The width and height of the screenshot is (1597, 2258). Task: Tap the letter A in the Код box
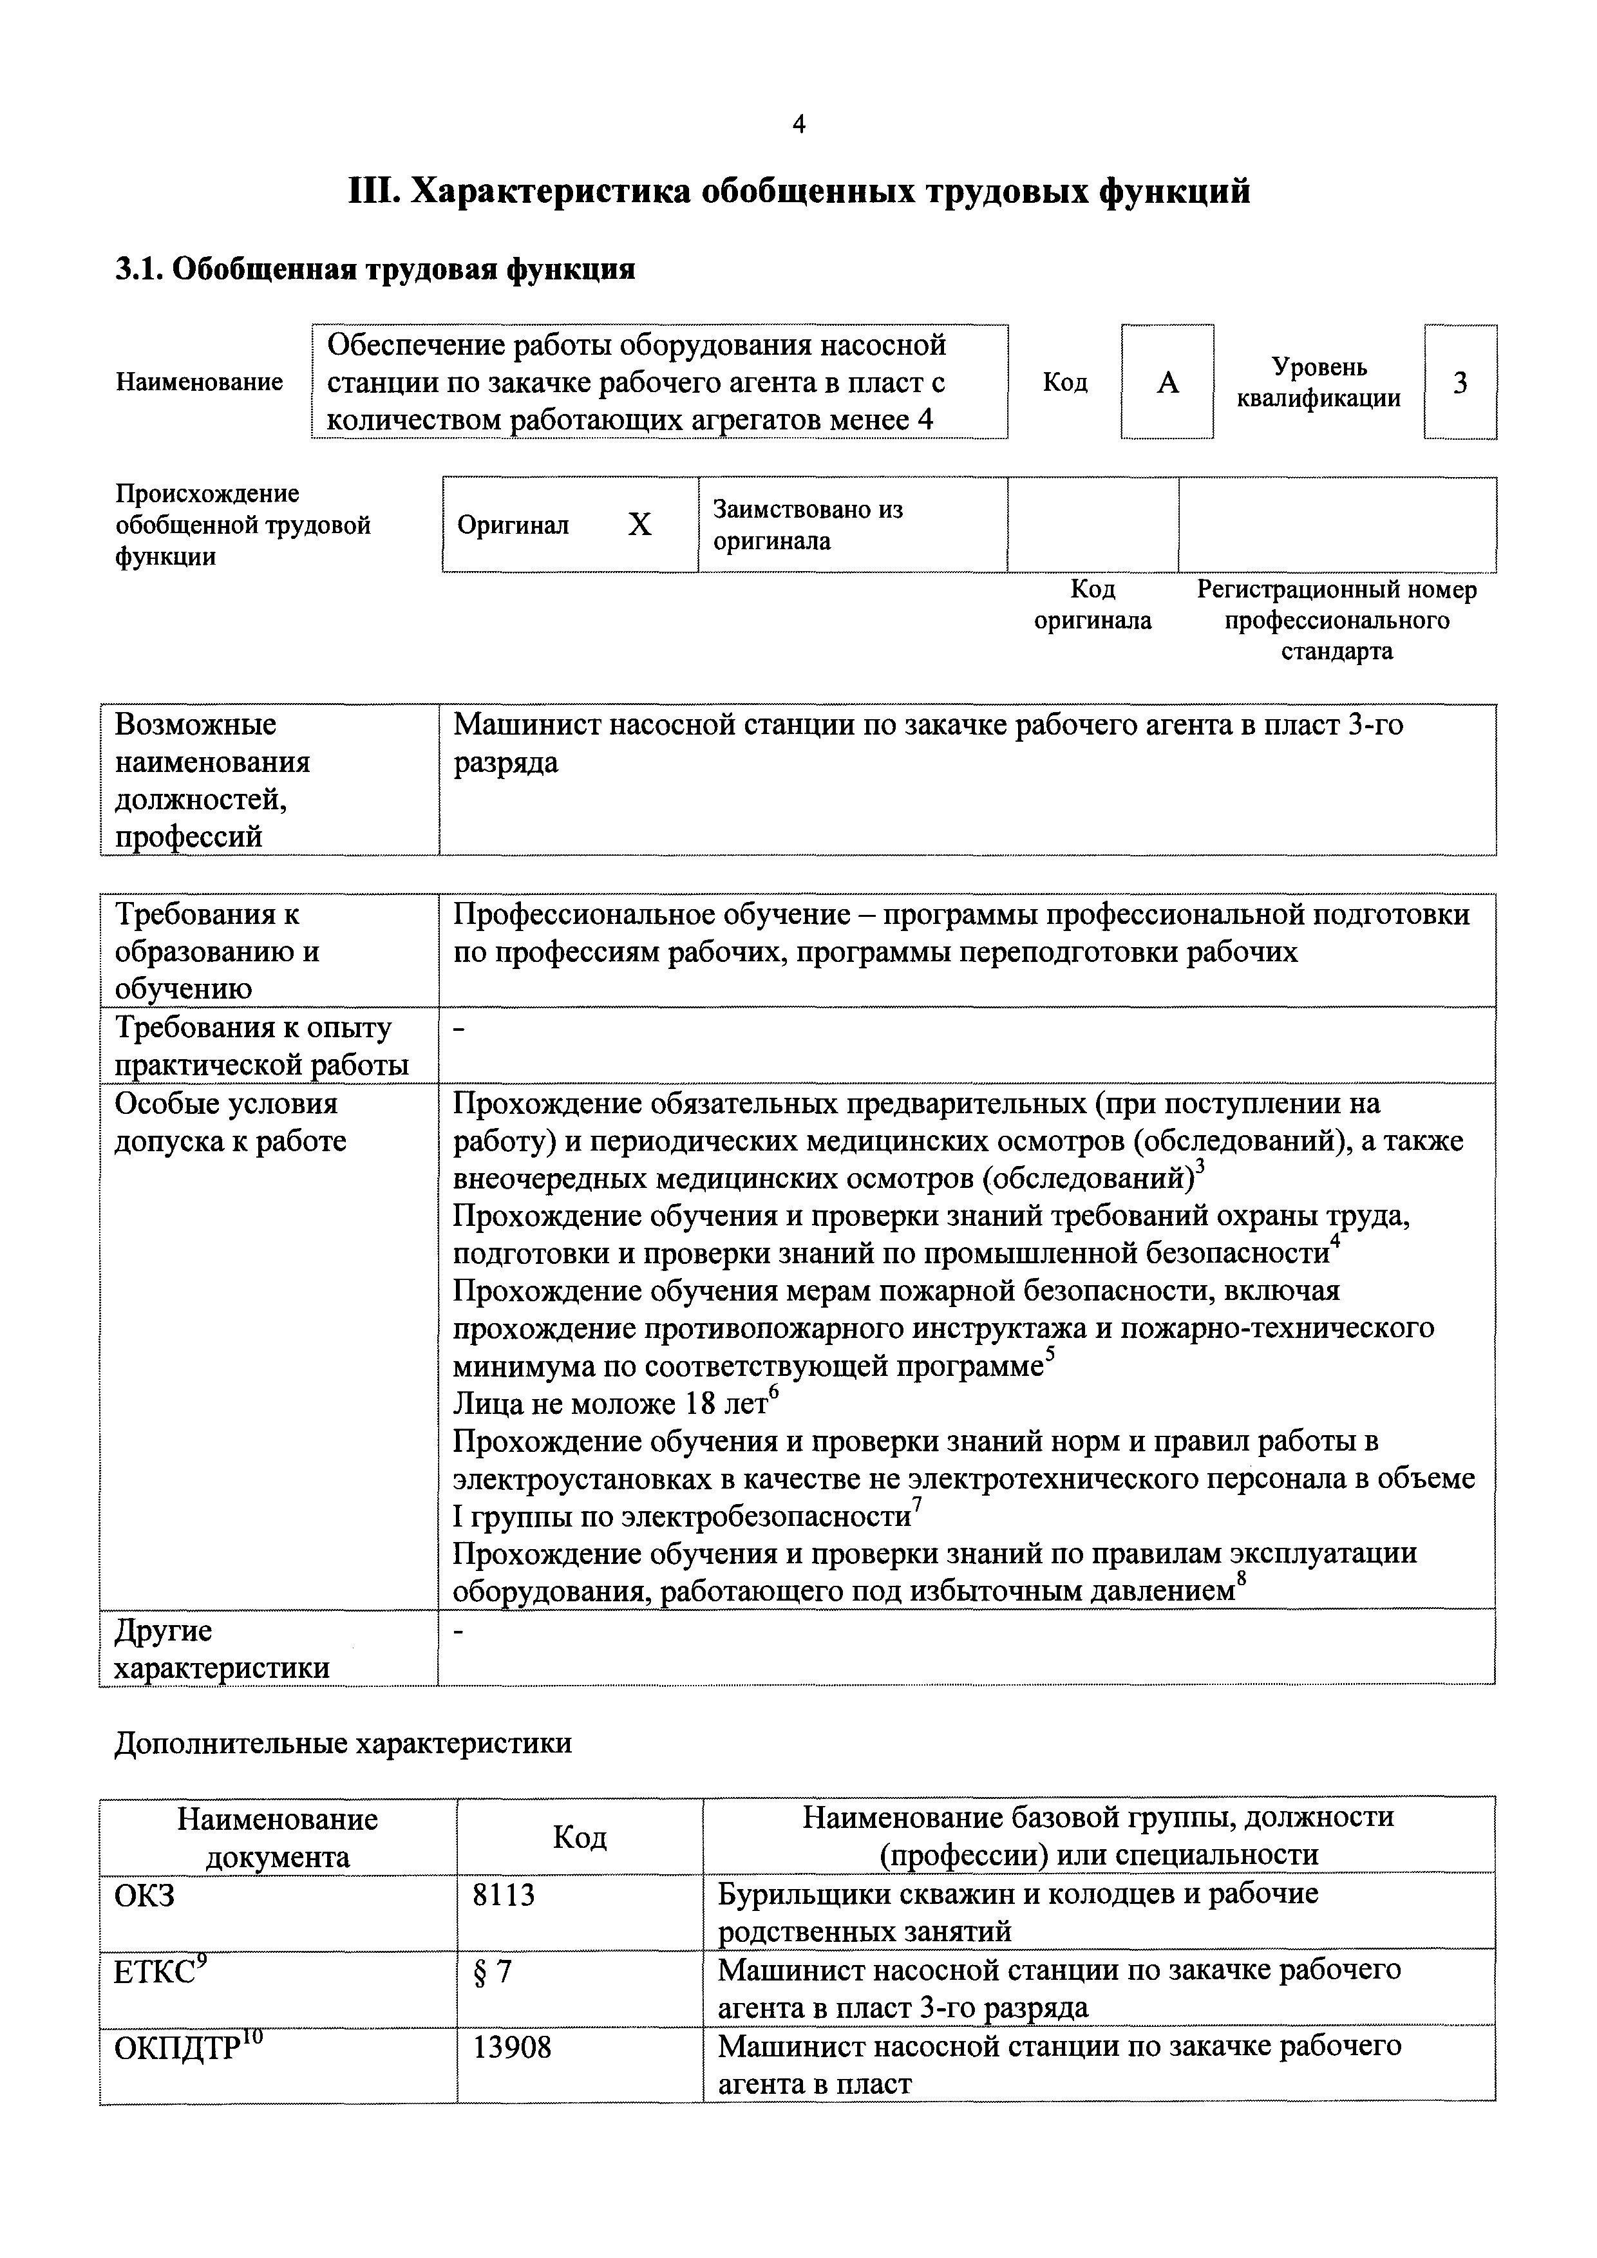[x=1167, y=382]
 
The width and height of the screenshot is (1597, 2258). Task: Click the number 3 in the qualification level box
[x=1460, y=382]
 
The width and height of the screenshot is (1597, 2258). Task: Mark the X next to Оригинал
[x=639, y=525]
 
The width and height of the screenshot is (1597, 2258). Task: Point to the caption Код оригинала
[x=1093, y=605]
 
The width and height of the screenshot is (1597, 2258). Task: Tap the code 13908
[x=511, y=2047]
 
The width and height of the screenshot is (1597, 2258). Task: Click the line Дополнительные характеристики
[x=342, y=1744]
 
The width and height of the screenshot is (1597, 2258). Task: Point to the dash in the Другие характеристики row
[x=458, y=1632]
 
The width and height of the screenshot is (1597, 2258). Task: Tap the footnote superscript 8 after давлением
[x=1241, y=1579]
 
